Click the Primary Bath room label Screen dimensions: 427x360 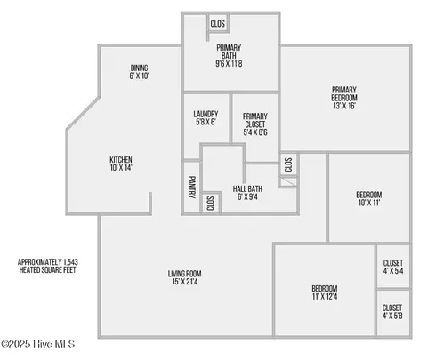[229, 56]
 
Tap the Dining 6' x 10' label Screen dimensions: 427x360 [139, 72]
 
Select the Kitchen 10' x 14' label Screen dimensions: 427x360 [121, 164]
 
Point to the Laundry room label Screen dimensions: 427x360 [205, 118]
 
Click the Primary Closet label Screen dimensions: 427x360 [255, 124]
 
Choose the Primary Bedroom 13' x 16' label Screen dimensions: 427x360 [344, 98]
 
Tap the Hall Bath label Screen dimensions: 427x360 [247, 193]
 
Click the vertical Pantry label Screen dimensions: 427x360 [192, 187]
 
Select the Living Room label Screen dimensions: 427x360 [185, 277]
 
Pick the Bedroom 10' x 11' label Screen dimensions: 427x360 [369, 199]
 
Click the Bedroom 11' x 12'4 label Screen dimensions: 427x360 [325, 292]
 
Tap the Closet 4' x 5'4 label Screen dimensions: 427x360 [393, 267]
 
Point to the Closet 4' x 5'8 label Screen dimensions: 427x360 [392, 312]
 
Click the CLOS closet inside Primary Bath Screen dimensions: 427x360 [218, 23]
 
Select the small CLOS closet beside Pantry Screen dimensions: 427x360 [210, 204]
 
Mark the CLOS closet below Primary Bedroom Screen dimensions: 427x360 [288, 164]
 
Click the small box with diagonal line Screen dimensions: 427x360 [288, 182]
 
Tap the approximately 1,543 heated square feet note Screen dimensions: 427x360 [48, 266]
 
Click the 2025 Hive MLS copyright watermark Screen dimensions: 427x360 [37, 344]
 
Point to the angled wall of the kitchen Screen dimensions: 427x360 [83, 113]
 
